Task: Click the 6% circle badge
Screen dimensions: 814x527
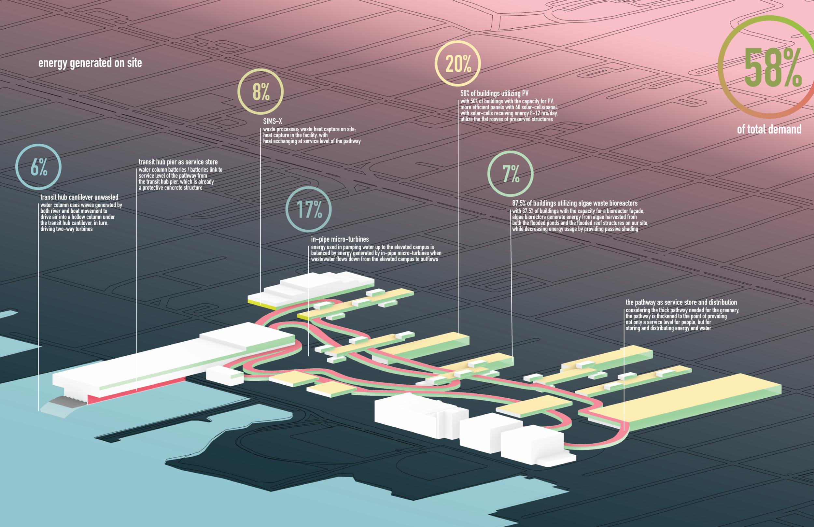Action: pyautogui.click(x=38, y=167)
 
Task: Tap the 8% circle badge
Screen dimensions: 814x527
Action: pyautogui.click(x=260, y=92)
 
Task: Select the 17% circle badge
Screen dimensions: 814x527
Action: pyautogui.click(x=308, y=209)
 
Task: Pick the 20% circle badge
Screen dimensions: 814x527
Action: pyautogui.click(x=457, y=64)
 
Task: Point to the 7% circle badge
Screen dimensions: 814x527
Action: pyautogui.click(x=510, y=174)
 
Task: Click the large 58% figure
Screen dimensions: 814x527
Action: pyautogui.click(x=772, y=67)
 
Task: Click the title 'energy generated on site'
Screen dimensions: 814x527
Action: pyautogui.click(x=90, y=63)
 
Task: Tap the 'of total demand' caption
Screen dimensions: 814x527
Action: pyautogui.click(x=769, y=129)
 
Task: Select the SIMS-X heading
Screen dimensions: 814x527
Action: pyautogui.click(x=273, y=121)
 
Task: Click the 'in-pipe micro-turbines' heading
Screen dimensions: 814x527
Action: pyautogui.click(x=340, y=239)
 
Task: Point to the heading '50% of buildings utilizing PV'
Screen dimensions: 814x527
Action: pyautogui.click(x=494, y=93)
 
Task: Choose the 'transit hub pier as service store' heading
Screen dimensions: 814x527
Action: pyautogui.click(x=178, y=162)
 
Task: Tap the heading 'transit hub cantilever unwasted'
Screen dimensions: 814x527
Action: pyautogui.click(x=79, y=197)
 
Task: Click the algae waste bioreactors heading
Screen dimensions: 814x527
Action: pyautogui.click(x=575, y=203)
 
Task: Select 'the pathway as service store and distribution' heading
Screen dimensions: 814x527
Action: pyautogui.click(x=681, y=303)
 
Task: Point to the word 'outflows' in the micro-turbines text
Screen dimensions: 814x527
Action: pyautogui.click(x=429, y=259)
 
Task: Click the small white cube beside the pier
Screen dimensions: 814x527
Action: pyautogui.click(x=224, y=376)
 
